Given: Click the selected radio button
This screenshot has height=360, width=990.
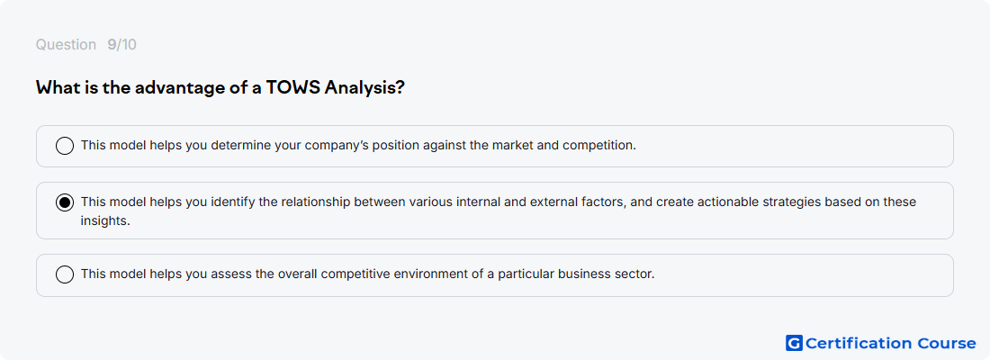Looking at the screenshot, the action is coord(65,202).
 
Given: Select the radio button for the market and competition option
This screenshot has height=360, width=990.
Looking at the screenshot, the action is coord(65,146).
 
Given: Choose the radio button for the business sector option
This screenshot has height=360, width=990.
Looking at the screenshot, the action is coord(65,274).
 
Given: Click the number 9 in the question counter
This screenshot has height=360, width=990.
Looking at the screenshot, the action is coord(112,45).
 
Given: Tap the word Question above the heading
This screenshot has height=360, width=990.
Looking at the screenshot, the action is coord(66,45).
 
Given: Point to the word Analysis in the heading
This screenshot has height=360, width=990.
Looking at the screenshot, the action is coord(364,88).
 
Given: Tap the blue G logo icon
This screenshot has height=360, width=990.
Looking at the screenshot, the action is coord(794,343).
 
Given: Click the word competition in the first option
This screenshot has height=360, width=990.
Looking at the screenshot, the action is coord(598,146).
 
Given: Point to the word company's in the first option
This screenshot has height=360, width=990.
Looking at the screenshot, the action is coord(336,146).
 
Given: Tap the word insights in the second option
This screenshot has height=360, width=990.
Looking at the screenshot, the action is coord(104,221).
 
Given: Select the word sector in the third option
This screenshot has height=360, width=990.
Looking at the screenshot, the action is coord(634,274).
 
